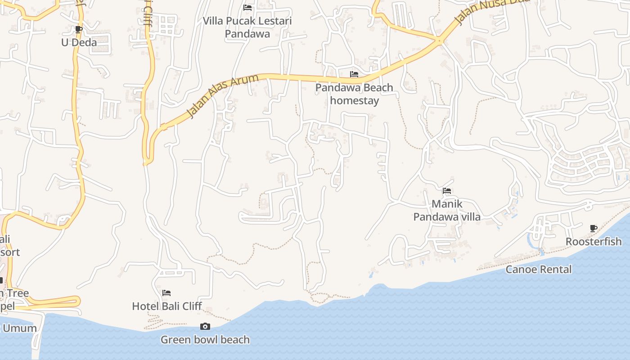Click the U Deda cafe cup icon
(79, 30)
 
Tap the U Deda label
(79, 43)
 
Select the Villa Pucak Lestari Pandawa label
(247, 27)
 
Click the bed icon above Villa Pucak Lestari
(247, 8)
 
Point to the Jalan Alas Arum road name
(223, 96)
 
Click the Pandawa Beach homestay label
(354, 94)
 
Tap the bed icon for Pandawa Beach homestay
(354, 74)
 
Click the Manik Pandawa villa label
(447, 210)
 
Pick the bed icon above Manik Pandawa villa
(447, 191)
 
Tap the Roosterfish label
(594, 242)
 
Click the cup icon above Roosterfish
(594, 228)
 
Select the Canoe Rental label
(539, 270)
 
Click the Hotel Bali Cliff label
(167, 306)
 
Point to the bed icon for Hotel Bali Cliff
(166, 293)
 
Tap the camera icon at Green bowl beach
(205, 326)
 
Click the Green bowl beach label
(205, 340)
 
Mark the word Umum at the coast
(20, 328)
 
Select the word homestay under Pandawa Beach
(355, 100)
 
